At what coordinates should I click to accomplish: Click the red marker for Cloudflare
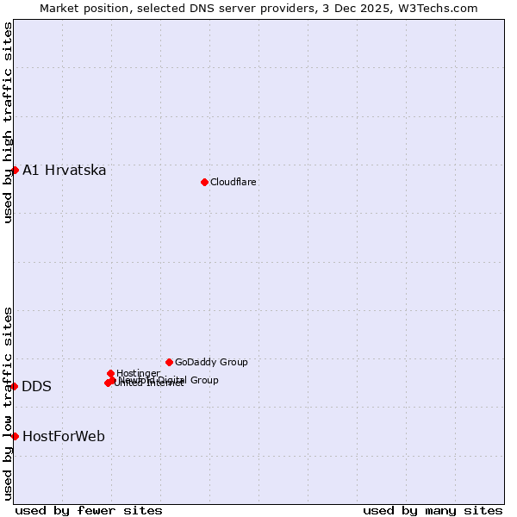(204, 182)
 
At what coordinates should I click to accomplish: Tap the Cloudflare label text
(234, 182)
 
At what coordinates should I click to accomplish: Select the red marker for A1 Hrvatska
(15, 170)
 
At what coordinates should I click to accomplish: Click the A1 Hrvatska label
(65, 170)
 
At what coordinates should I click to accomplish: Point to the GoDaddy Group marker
(169, 362)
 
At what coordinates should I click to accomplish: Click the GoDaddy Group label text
(211, 362)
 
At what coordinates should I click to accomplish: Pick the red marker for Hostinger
(111, 373)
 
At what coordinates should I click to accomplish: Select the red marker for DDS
(15, 386)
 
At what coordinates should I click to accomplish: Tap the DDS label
(36, 386)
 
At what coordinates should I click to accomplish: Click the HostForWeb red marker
(15, 436)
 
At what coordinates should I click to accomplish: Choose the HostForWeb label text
(64, 436)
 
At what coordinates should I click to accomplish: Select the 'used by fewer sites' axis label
(89, 510)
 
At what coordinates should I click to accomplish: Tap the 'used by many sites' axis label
(433, 510)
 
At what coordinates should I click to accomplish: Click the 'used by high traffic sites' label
(8, 122)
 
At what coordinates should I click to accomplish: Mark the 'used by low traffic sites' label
(8, 402)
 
